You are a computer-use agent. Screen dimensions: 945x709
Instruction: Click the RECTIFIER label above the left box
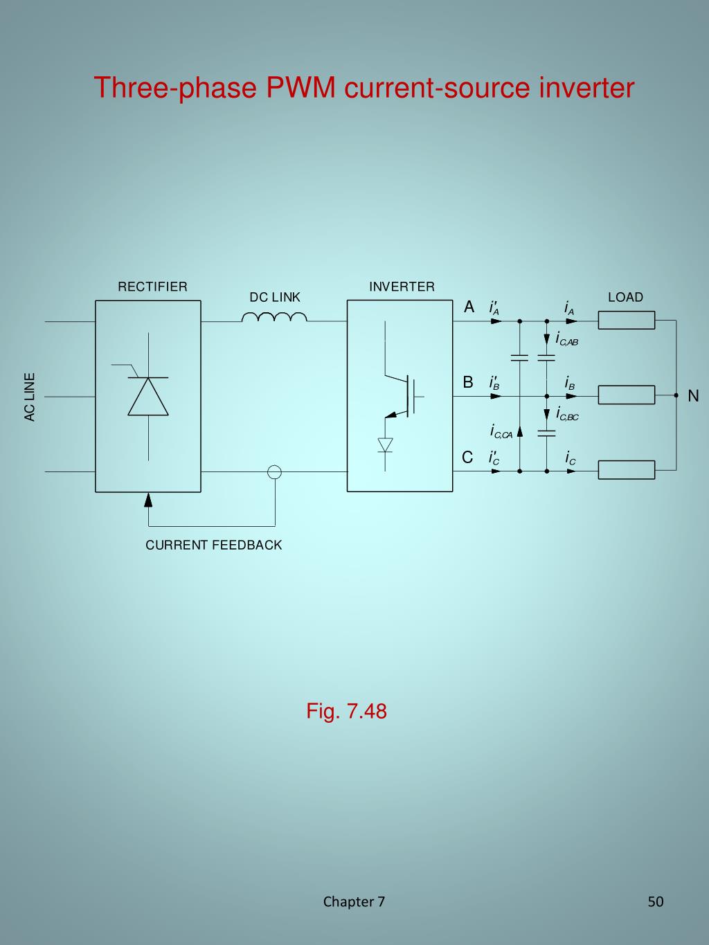click(152, 287)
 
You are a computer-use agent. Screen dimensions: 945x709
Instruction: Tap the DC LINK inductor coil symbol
click(275, 317)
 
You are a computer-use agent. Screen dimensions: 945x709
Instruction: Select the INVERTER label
click(402, 287)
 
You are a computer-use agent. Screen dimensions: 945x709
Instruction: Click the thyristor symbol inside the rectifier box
click(147, 396)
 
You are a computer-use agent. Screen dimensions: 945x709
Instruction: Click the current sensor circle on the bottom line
click(275, 472)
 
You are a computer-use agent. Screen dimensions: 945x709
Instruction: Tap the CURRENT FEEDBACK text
click(213, 545)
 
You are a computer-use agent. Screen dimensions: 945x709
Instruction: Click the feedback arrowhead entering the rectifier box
click(147, 499)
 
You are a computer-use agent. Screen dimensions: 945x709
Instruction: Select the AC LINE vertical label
click(29, 397)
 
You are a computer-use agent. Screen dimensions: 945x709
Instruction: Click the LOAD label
click(625, 297)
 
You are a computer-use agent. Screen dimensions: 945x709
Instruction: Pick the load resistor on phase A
click(626, 321)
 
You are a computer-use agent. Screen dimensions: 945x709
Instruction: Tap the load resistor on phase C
click(626, 470)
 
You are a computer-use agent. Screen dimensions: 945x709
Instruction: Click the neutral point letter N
click(693, 396)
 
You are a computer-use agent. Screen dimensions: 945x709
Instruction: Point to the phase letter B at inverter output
click(468, 382)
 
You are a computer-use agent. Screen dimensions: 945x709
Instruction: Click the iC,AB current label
click(566, 339)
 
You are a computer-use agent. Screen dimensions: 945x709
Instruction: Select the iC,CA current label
click(501, 432)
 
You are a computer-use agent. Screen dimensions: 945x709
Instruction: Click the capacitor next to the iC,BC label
click(546, 433)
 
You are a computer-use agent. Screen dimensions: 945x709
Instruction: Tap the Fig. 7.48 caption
click(346, 711)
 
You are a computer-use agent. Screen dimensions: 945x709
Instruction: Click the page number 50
click(655, 901)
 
